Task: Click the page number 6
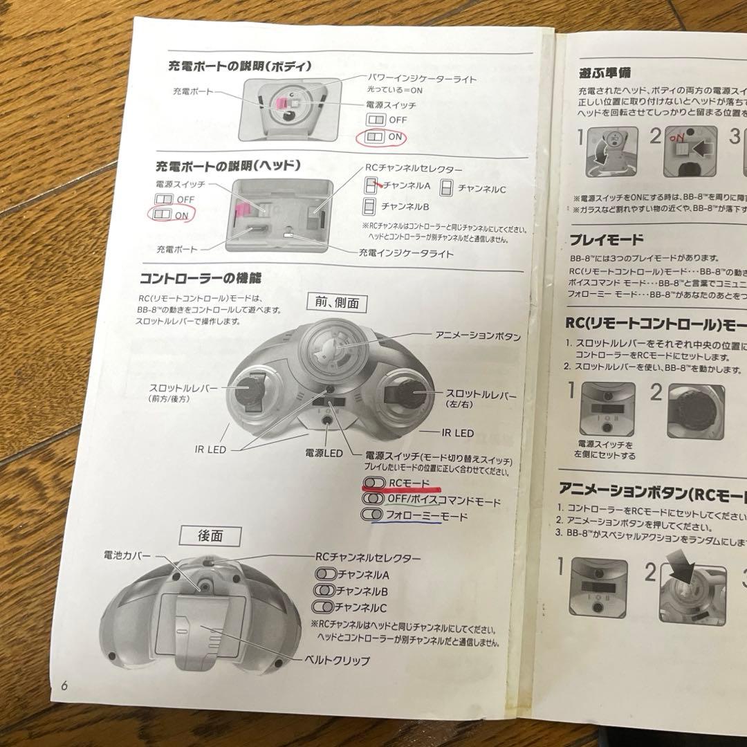click(64, 686)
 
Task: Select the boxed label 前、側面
click(336, 302)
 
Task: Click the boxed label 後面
click(210, 535)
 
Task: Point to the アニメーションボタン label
click(477, 335)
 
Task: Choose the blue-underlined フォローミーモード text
click(426, 516)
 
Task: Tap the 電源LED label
click(324, 454)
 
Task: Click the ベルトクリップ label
click(338, 660)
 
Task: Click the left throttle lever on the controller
click(245, 394)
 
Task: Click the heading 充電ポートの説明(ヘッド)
click(228, 166)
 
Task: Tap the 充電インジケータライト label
click(407, 254)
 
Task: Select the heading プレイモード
click(606, 240)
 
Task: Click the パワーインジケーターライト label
click(421, 79)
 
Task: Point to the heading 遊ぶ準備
click(605, 71)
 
